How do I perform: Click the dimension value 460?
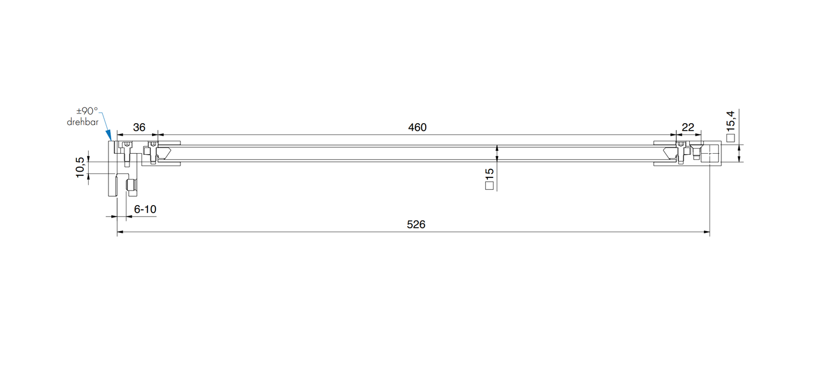coord(417,128)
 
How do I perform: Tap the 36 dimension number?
coord(139,128)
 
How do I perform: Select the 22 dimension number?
coord(688,128)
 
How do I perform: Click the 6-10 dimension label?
coord(145,210)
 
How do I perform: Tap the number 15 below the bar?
coord(490,173)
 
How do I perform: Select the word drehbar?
coord(83,122)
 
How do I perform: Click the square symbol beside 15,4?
coord(730,137)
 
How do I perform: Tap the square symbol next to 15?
coord(490,184)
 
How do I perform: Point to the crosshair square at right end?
coord(709,153)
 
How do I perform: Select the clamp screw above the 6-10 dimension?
coord(131,186)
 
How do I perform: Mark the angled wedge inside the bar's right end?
coord(671,153)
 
